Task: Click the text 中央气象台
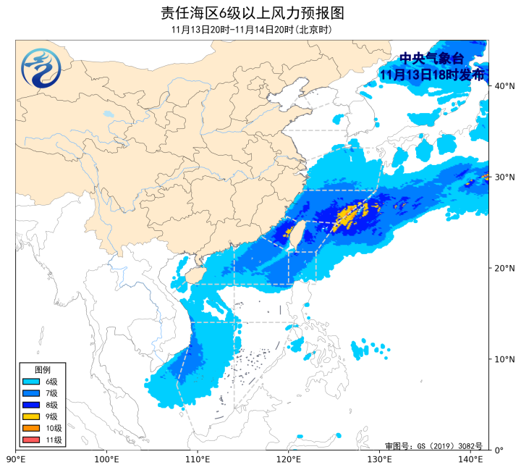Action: (x=431, y=59)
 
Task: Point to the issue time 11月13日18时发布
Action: (x=431, y=74)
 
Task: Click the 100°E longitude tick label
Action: (x=106, y=459)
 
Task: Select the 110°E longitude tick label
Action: (x=198, y=459)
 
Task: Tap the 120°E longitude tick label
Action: (x=289, y=459)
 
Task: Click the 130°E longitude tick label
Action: (x=379, y=459)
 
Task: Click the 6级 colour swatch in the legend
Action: (x=31, y=382)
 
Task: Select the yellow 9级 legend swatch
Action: (x=31, y=416)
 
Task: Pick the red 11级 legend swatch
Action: (x=31, y=440)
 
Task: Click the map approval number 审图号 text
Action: (x=433, y=446)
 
